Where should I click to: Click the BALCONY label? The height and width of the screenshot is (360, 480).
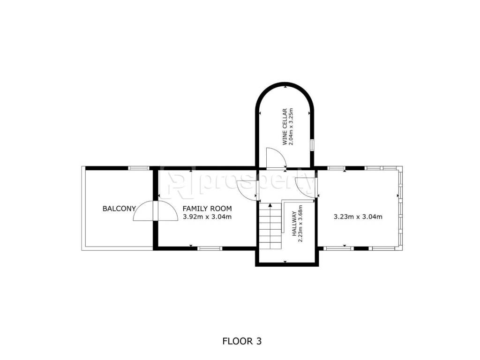click(119, 209)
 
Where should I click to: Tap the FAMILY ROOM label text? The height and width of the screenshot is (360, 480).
click(207, 209)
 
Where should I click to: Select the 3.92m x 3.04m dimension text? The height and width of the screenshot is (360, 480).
click(207, 217)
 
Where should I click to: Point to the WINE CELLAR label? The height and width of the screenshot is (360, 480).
click(285, 127)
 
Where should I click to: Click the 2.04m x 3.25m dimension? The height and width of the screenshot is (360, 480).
click(291, 127)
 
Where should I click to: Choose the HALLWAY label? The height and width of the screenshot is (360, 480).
click(294, 224)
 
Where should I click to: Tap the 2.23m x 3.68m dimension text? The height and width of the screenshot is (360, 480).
click(300, 224)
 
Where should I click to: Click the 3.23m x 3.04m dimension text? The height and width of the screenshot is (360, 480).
click(358, 217)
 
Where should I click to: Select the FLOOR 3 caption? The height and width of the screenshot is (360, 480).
click(242, 341)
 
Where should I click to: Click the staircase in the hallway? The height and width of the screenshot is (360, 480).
click(270, 226)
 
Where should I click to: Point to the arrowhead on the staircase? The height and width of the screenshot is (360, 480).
click(270, 205)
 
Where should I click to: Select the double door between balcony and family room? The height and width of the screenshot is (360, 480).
click(155, 210)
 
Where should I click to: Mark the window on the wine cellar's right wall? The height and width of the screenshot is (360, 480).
click(312, 145)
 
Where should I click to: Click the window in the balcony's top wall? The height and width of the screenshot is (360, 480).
click(138, 168)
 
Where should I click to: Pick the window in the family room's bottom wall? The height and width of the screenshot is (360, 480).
click(210, 248)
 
